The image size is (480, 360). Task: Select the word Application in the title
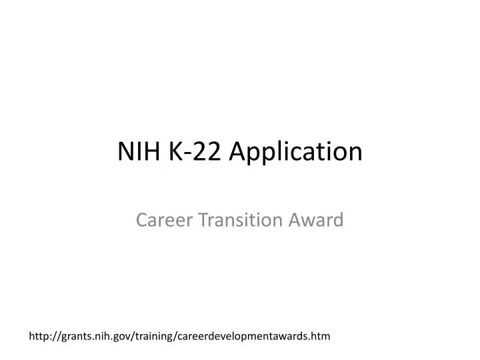click(296, 153)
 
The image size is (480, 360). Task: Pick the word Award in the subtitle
click(321, 219)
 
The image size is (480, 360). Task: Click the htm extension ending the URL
click(321, 337)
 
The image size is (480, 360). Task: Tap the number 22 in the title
click(206, 151)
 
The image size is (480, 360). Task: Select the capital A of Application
click(236, 151)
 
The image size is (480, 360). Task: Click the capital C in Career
click(141, 219)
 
